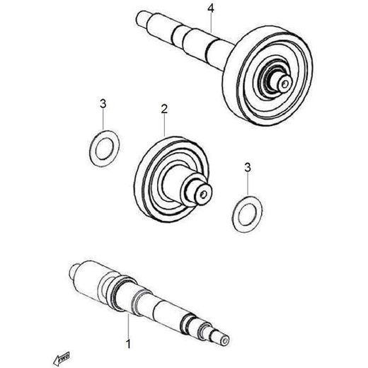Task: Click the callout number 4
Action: pyautogui.click(x=211, y=8)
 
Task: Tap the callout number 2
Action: pyautogui.click(x=164, y=109)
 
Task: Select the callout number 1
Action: pyautogui.click(x=129, y=344)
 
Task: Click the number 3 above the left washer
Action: pyautogui.click(x=103, y=104)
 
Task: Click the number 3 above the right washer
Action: pyautogui.click(x=248, y=168)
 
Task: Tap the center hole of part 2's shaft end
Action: pyautogui.click(x=203, y=195)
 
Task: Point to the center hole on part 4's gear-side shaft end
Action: pyautogui.click(x=284, y=84)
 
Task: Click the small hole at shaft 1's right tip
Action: pyautogui.click(x=224, y=340)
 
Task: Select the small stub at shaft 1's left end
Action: pyautogui.click(x=72, y=271)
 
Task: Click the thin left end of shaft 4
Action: pyautogui.click(x=142, y=19)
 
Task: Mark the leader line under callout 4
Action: pyautogui.click(x=211, y=23)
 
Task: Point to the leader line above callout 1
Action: pyautogui.click(x=128, y=326)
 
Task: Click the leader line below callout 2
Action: pyautogui.click(x=164, y=125)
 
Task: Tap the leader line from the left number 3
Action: pyautogui.click(x=103, y=120)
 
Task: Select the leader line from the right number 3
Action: pyautogui.click(x=248, y=184)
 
